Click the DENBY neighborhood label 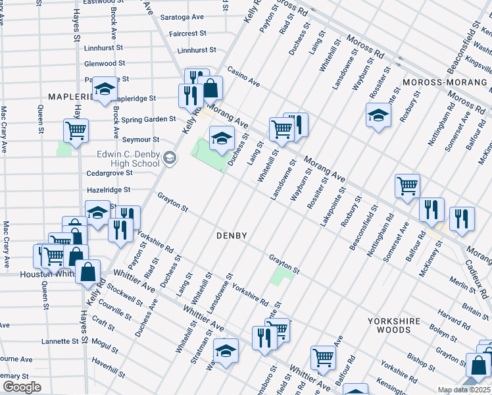pyautogui.click(x=231, y=235)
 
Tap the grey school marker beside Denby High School pyautogui.click(x=170, y=157)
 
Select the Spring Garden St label pyautogui.click(x=149, y=119)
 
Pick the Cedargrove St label pyautogui.click(x=110, y=173)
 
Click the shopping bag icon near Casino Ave pyautogui.click(x=210, y=88)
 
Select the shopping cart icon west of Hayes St pyautogui.click(x=76, y=130)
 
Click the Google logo pyautogui.click(x=22, y=387)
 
